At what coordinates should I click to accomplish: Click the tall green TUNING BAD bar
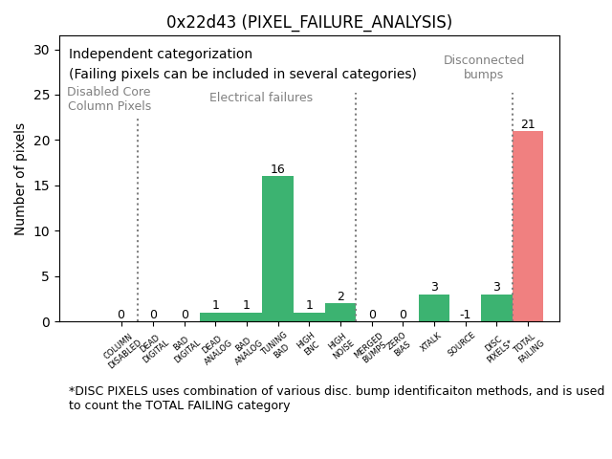[x=277, y=249]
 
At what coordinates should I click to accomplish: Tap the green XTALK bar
[x=434, y=308]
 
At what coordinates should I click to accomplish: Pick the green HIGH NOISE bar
[x=340, y=313]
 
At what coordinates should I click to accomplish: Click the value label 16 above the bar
[x=277, y=169]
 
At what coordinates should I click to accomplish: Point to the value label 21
[x=528, y=124]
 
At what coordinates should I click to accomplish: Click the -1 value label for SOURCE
[x=465, y=315]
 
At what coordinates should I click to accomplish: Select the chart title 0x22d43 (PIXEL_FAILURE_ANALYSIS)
[x=309, y=22]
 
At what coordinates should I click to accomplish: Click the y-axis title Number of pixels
[x=20, y=179]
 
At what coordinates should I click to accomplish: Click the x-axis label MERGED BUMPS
[x=370, y=348]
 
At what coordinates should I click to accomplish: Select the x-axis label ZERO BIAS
[x=400, y=344]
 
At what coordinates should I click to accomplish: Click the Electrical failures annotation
[x=261, y=98]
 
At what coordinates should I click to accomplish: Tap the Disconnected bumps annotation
[x=484, y=67]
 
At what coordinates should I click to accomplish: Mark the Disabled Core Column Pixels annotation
[x=109, y=98]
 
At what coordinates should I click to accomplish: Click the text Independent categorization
[x=161, y=55]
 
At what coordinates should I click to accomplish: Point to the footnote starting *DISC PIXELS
[x=336, y=398]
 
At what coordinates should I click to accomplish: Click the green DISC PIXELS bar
[x=496, y=308]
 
